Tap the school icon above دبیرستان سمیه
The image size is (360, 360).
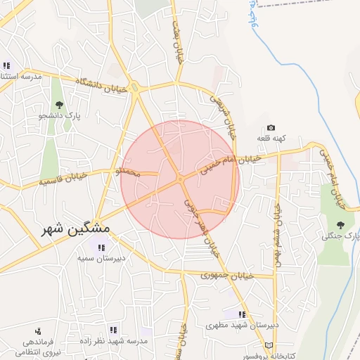pyautogui.click(x=101, y=248)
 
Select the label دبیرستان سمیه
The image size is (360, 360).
pyautogui.click(x=101, y=259)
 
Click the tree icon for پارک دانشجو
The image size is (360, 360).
pyautogui.click(x=58, y=105)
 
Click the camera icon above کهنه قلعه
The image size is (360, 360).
pyautogui.click(x=271, y=128)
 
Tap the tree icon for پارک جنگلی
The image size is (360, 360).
pyautogui.click(x=341, y=225)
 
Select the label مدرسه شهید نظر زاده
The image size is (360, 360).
pyautogui.click(x=114, y=340)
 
